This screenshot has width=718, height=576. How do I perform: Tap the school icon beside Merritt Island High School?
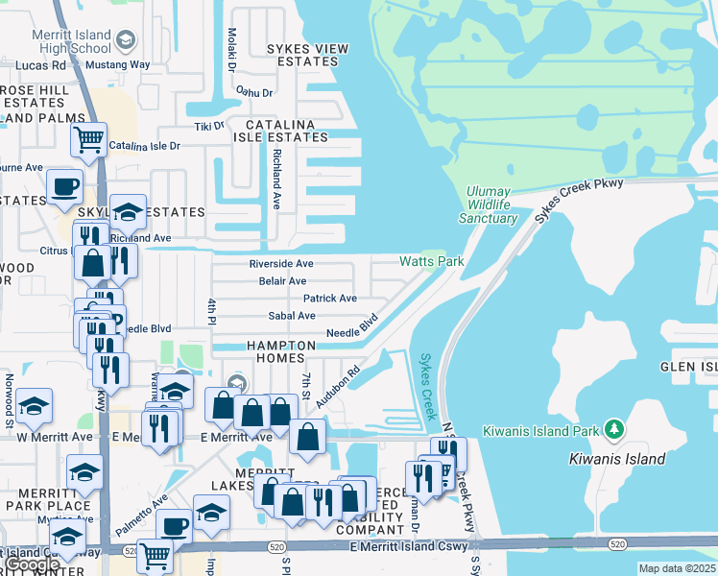click(x=125, y=40)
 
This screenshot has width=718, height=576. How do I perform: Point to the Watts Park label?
click(x=431, y=261)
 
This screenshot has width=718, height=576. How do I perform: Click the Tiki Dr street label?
click(x=208, y=126)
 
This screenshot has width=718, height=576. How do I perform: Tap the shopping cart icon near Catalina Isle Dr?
click(x=89, y=139)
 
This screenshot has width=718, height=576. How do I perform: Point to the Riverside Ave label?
click(x=281, y=263)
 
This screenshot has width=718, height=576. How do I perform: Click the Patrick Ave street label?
click(x=330, y=299)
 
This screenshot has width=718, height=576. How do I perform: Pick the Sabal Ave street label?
click(x=292, y=316)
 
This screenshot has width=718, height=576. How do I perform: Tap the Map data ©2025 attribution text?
click(x=677, y=568)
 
